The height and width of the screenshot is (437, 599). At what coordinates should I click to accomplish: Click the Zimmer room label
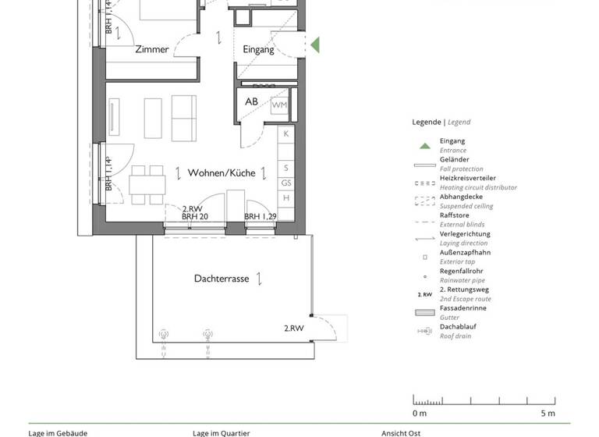151,49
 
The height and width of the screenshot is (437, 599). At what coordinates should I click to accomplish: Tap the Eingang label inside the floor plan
258,49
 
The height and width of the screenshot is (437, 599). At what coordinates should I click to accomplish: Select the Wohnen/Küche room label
221,172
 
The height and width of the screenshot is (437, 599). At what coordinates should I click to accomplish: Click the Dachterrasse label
222,278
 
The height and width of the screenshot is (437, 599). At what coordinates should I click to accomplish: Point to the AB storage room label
251,102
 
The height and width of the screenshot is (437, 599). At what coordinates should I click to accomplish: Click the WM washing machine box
279,105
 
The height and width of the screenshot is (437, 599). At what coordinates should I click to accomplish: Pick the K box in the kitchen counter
286,134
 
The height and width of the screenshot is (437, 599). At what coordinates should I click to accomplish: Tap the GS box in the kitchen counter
286,183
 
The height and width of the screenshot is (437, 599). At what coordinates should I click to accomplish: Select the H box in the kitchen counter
286,197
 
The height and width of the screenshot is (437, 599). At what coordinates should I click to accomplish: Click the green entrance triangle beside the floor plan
315,44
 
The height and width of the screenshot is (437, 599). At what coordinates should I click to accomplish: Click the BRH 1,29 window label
261,217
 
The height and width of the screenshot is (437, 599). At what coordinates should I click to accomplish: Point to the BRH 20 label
194,217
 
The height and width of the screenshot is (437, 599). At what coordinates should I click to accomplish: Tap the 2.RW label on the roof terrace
293,329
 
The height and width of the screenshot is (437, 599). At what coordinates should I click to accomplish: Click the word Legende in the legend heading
427,122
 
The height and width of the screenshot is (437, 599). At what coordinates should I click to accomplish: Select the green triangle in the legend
424,145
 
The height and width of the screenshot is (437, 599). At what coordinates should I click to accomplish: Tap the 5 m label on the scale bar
548,413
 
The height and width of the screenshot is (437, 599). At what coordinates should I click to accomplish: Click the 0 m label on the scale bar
420,413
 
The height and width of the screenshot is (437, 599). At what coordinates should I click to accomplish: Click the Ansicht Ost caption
400,433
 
